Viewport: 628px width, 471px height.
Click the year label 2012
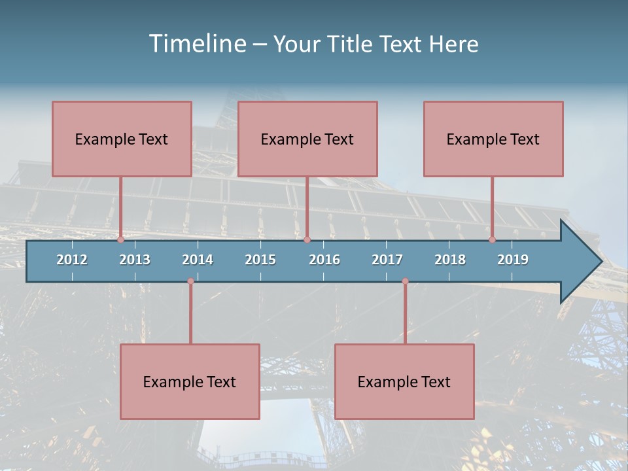tap(72, 260)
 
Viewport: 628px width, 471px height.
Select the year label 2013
tap(135, 260)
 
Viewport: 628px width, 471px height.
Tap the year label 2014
tap(198, 260)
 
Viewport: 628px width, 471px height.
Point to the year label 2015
tap(260, 260)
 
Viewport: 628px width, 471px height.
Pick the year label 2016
tap(324, 260)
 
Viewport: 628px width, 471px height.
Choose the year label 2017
tap(387, 260)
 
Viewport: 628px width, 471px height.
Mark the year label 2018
tap(450, 260)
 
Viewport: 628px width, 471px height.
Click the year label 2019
tap(513, 260)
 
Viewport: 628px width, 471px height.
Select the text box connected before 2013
tap(122, 139)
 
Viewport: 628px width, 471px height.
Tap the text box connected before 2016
tap(307, 139)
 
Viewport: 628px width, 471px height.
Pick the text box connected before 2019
tap(493, 139)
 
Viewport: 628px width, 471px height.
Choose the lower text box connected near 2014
tap(190, 381)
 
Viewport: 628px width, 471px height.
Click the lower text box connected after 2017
tap(404, 381)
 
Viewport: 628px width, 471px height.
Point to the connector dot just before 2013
tap(120, 240)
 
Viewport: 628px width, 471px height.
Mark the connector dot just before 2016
tap(307, 240)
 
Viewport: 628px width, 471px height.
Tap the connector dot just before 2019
tap(493, 240)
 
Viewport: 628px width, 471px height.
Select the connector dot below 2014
tap(190, 281)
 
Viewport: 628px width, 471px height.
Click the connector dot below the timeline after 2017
tap(405, 281)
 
